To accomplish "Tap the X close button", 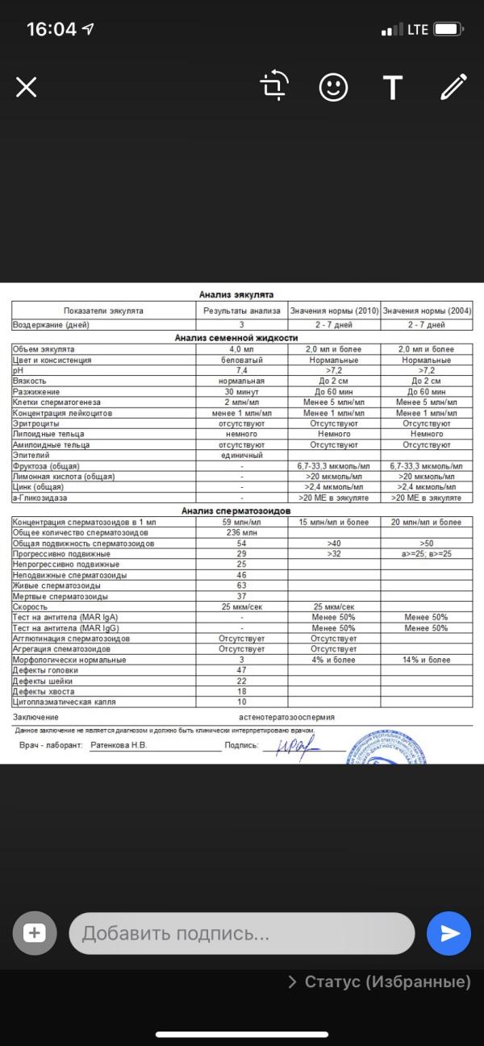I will [x=27, y=87].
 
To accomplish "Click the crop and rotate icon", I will [x=274, y=86].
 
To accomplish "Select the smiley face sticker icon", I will [x=333, y=87].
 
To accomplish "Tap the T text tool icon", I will [x=393, y=87].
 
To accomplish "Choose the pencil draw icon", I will [x=453, y=87].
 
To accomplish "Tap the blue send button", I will [x=449, y=934].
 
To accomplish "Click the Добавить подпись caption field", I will [x=241, y=934].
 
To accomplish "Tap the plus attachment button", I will [x=35, y=934].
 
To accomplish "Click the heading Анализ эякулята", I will [x=242, y=294].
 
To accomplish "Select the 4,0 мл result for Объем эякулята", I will [x=241, y=349].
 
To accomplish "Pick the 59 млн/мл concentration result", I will [x=241, y=523].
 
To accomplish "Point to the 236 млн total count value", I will [x=241, y=533].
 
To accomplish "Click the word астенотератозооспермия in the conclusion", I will [x=286, y=716].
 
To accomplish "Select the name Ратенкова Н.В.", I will [x=118, y=746].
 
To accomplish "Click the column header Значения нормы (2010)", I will [x=334, y=310].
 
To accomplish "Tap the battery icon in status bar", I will [x=447, y=30].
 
